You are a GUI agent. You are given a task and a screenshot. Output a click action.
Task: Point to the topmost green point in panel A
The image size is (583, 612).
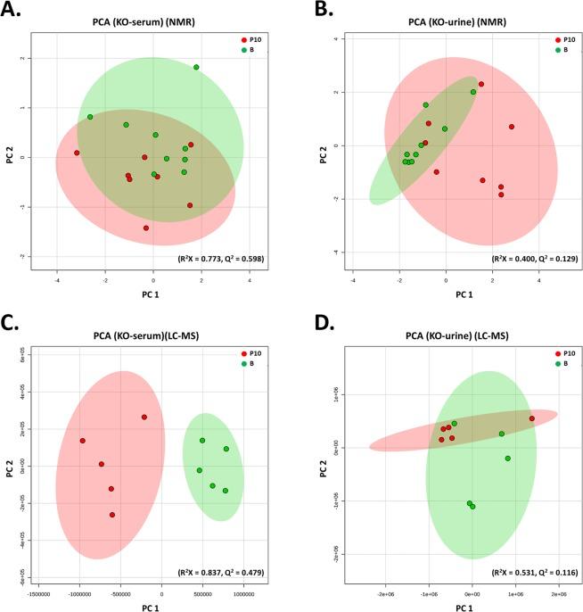tap(196, 67)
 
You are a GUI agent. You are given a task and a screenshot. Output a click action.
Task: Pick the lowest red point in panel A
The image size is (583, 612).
tap(146, 227)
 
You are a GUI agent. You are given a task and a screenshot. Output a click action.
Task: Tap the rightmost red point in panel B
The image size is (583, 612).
tap(512, 127)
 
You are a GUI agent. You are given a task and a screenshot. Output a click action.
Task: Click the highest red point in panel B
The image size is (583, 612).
tap(481, 84)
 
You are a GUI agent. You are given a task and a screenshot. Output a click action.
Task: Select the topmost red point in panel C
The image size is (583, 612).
tap(144, 417)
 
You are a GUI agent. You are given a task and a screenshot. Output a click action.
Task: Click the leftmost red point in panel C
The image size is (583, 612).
tap(82, 441)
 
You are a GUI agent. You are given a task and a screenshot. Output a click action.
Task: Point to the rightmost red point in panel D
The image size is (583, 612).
tap(532, 418)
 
